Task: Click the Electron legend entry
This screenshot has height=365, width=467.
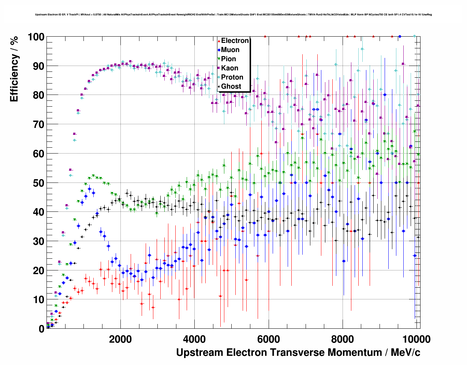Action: (235, 41)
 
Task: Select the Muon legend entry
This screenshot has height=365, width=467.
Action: (230, 50)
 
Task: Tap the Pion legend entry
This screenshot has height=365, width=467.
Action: (228, 59)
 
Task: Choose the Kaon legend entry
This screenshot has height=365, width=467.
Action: (229, 68)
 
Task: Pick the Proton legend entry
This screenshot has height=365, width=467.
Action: (232, 77)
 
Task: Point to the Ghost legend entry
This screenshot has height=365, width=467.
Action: (231, 86)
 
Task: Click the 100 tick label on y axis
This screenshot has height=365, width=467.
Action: (36, 37)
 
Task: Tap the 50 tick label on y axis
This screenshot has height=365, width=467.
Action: (38, 183)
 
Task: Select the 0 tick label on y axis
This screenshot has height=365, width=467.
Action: (41, 329)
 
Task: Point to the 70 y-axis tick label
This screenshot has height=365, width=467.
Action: (38, 125)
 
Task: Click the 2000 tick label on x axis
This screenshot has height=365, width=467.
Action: (120, 339)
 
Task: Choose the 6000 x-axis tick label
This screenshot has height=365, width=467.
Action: (269, 339)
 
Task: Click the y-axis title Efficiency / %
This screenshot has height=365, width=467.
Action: (14, 70)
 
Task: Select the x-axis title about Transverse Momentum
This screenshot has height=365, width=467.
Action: (298, 353)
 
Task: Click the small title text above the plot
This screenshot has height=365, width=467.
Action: (233, 15)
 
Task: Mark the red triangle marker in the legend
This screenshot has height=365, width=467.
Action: (218, 41)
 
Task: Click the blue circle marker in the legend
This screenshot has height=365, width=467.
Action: (218, 50)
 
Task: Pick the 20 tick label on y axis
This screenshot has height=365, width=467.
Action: (38, 270)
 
